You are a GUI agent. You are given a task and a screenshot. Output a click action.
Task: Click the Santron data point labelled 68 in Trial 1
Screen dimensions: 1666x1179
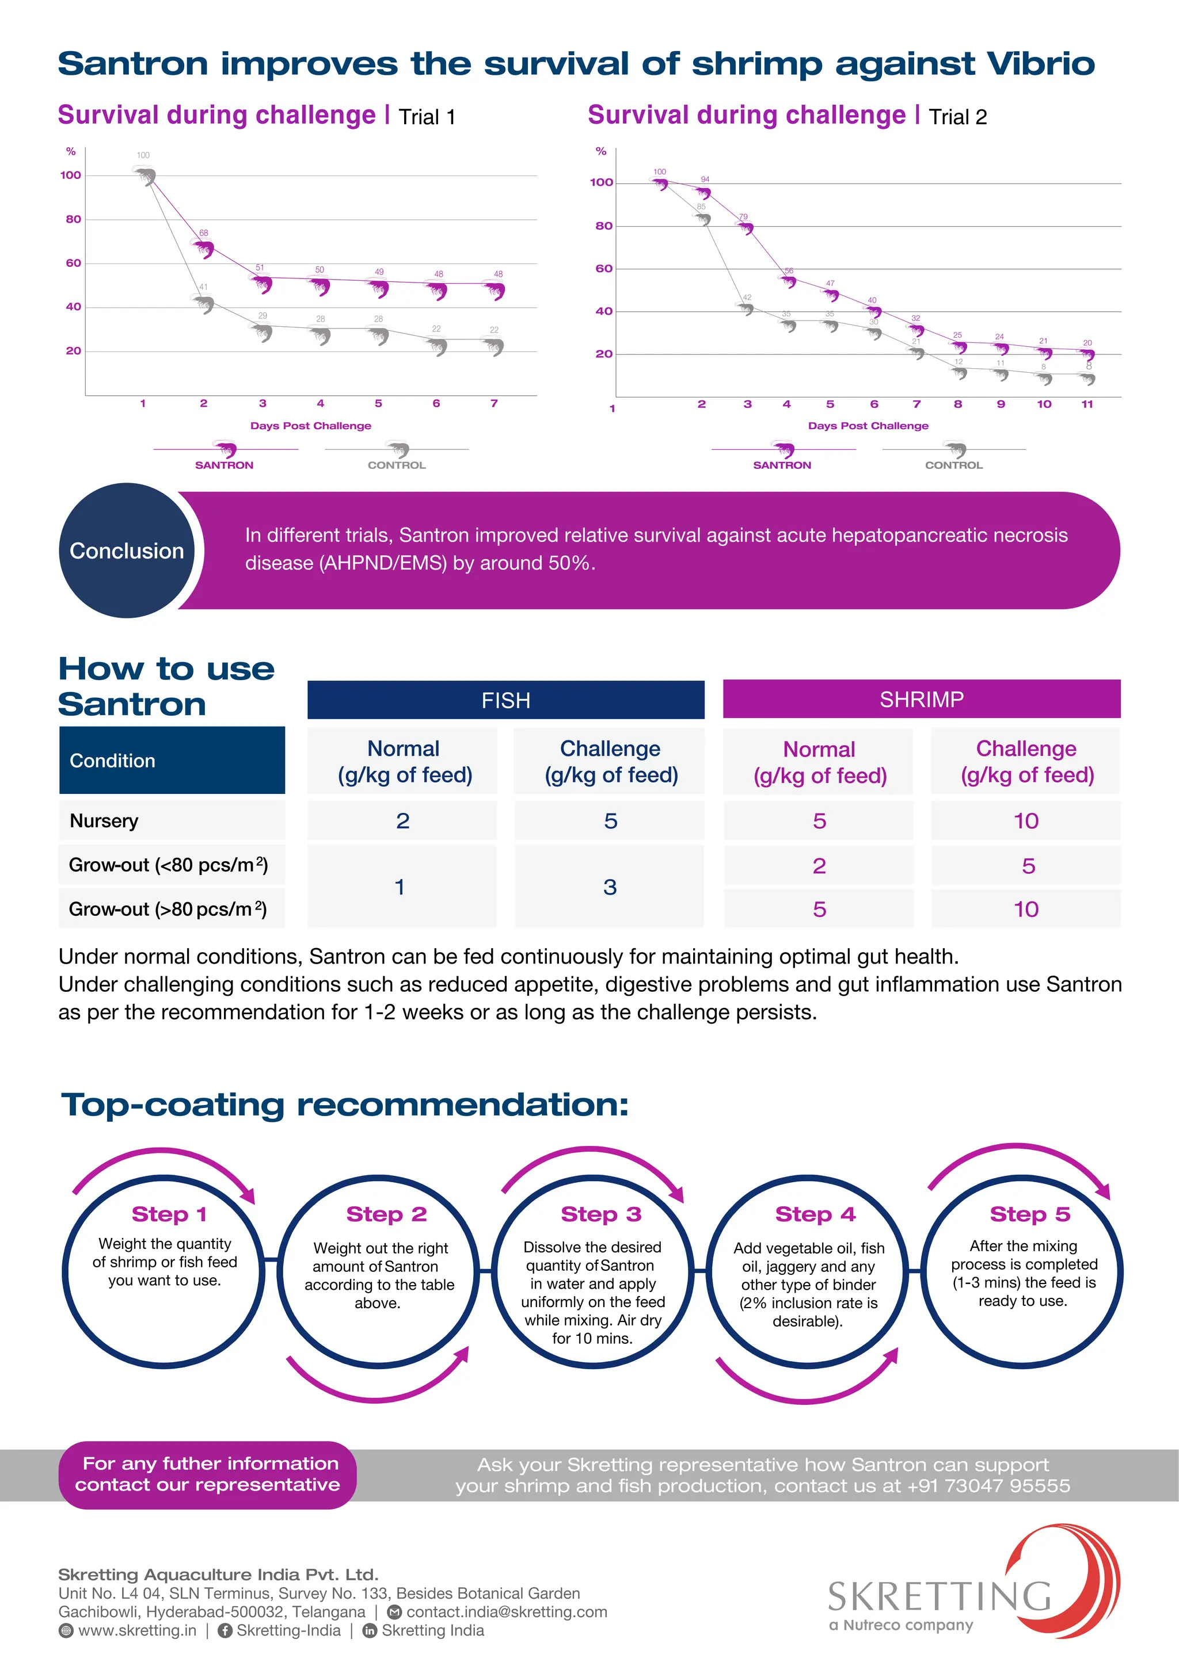click(x=204, y=248)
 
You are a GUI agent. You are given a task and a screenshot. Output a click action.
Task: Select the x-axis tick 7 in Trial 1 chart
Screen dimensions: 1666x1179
click(x=494, y=403)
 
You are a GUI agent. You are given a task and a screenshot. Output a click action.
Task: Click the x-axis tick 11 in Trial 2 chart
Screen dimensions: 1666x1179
click(x=1087, y=404)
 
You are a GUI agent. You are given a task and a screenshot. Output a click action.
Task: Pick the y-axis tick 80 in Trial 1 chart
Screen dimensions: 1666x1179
click(x=73, y=219)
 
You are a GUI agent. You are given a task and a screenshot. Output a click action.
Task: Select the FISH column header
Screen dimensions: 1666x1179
click(x=505, y=700)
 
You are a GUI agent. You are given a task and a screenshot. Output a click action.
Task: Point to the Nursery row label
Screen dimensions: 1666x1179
click(x=104, y=821)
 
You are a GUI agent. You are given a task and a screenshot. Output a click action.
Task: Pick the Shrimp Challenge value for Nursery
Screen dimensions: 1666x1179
click(x=1025, y=821)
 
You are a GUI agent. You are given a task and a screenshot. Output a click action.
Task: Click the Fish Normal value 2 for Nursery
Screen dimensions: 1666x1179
click(x=402, y=821)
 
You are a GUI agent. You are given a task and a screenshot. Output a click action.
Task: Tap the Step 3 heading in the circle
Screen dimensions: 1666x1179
click(x=600, y=1214)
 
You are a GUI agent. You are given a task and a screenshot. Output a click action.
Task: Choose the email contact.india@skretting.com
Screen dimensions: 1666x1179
click(x=506, y=1611)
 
